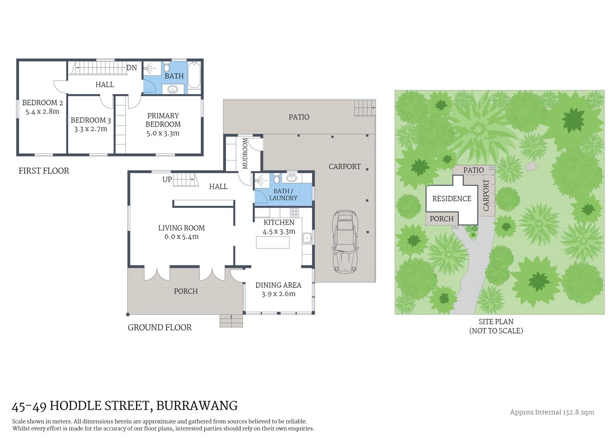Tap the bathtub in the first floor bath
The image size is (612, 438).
click(x=194, y=75)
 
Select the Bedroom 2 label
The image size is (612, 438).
click(x=42, y=103)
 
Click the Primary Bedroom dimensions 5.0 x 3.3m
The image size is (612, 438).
click(x=163, y=133)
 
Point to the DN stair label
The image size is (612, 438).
click(x=131, y=68)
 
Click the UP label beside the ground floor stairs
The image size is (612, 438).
click(x=167, y=179)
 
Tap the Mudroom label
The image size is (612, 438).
click(x=245, y=153)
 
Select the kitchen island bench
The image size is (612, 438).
click(x=273, y=242)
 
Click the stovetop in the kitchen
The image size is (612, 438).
click(x=294, y=212)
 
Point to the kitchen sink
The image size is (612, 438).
click(x=307, y=237)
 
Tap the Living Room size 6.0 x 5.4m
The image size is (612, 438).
click(x=181, y=236)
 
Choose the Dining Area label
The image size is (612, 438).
click(x=278, y=285)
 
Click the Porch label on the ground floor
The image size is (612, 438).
click(x=186, y=291)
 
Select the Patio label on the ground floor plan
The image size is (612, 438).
click(x=299, y=117)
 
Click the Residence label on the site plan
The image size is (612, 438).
click(x=451, y=198)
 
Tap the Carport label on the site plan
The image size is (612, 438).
click(x=486, y=195)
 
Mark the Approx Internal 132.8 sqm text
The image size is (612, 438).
click(x=552, y=412)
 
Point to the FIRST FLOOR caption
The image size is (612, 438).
click(x=44, y=171)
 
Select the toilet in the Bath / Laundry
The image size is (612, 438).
click(x=276, y=179)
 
